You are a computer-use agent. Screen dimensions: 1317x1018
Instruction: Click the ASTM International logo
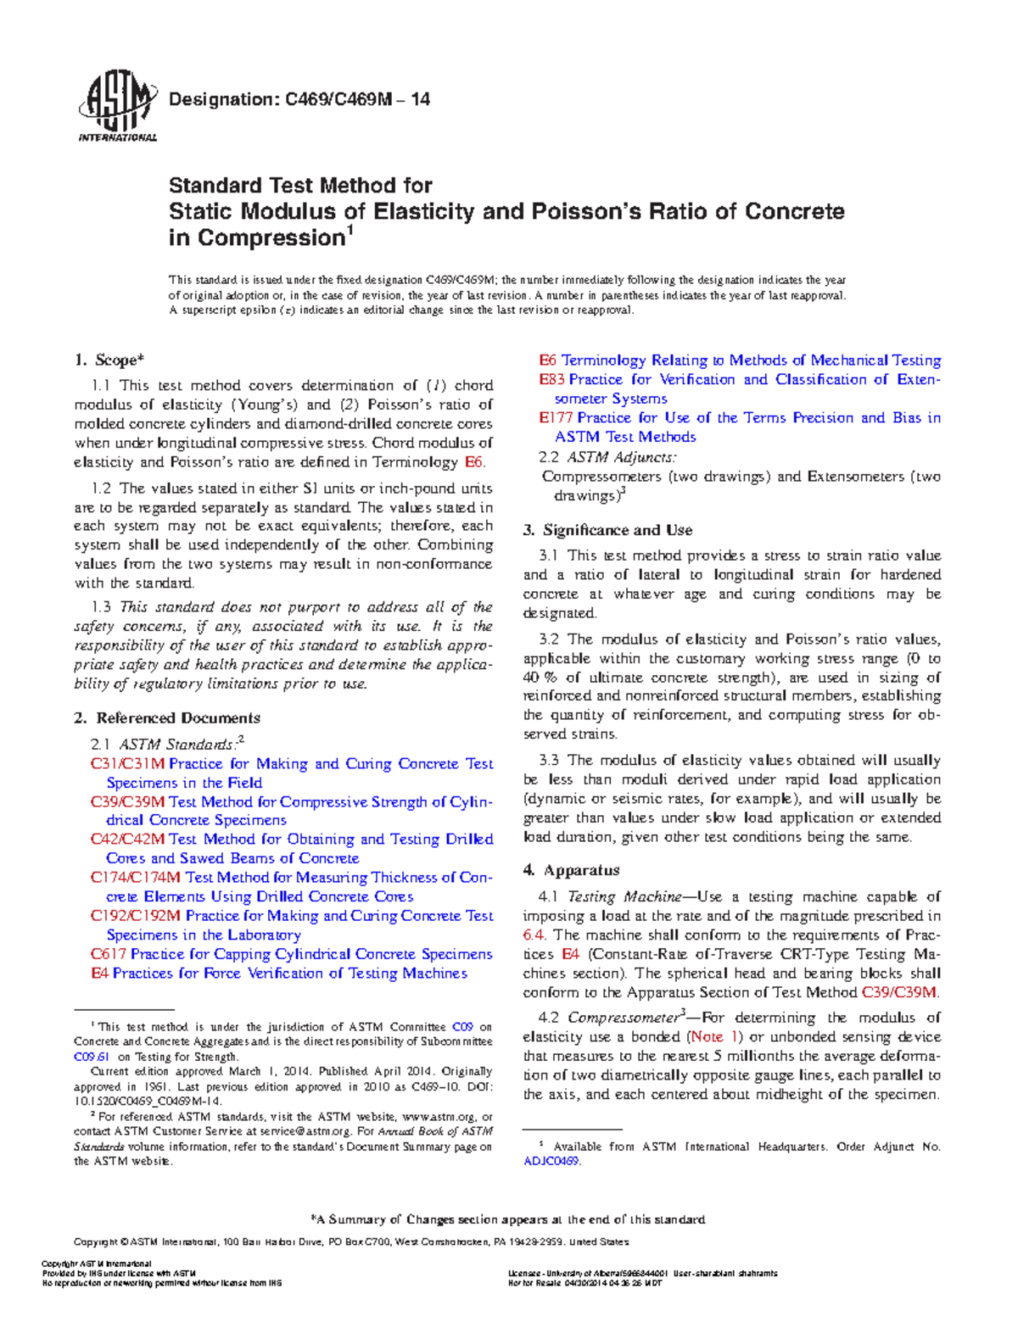pos(117,106)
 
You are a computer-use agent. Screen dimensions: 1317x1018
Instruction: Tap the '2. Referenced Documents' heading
pos(166,718)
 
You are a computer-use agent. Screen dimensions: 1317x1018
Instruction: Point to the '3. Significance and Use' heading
pos(607,530)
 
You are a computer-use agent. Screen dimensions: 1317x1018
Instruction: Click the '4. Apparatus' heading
pos(572,870)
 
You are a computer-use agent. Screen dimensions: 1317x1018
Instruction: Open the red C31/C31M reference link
pos(127,764)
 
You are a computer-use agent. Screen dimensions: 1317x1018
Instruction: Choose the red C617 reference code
pos(108,954)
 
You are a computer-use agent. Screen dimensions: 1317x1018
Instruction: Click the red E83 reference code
pos(551,380)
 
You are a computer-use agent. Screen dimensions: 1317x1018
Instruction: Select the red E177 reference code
pos(557,418)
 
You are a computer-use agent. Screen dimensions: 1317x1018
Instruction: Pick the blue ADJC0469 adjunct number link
pos(551,1161)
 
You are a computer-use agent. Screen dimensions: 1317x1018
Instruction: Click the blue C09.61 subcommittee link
pos(92,1057)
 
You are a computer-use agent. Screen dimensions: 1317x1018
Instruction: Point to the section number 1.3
pos(101,607)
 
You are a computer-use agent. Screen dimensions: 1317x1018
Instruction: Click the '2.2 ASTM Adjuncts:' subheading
pos(607,457)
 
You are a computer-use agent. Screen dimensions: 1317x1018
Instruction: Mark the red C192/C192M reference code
pos(136,916)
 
